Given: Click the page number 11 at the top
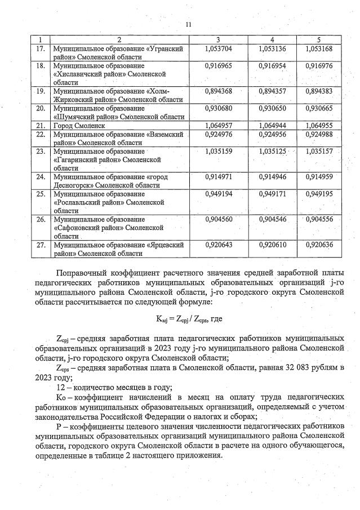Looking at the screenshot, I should (x=188, y=24).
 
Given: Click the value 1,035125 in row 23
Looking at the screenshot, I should (x=272, y=152).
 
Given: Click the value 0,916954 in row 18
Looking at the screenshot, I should (x=272, y=66).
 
